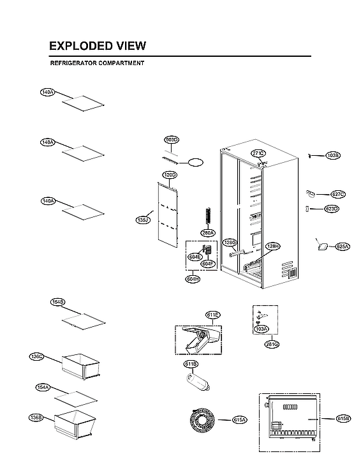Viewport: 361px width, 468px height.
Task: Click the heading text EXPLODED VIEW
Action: (98, 46)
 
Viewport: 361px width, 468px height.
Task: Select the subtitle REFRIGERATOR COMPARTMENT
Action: (97, 63)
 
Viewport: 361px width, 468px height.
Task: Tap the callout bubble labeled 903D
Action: (172, 139)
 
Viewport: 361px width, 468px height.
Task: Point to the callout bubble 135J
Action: (143, 220)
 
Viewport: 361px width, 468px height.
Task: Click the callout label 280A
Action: (208, 233)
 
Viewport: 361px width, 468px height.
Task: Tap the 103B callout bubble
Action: (333, 155)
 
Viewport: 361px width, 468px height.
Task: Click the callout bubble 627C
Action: (338, 194)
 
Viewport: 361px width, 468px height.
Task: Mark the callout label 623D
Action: (332, 209)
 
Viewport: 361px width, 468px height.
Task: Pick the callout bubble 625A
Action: (343, 246)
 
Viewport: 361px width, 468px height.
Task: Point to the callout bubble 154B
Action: (58, 301)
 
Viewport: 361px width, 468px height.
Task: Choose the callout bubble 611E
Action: (212, 315)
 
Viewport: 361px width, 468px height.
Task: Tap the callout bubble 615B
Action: (343, 419)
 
